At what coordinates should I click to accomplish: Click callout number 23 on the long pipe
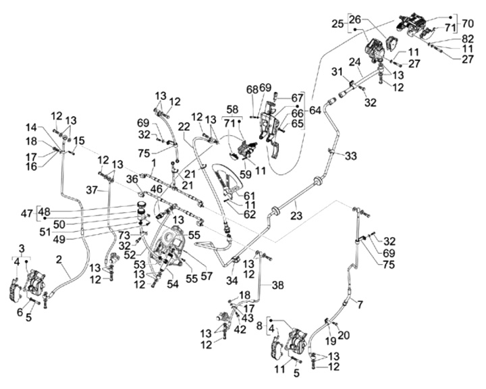[296, 216]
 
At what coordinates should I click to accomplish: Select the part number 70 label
[467, 22]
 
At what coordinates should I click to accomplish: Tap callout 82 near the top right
[468, 38]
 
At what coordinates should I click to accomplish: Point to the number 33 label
[350, 155]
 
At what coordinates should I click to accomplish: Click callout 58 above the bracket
[232, 109]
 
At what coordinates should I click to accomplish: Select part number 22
[184, 126]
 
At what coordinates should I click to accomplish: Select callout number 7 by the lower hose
[360, 305]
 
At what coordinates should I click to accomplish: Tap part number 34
[232, 280]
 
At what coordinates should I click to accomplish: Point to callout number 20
[344, 335]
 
